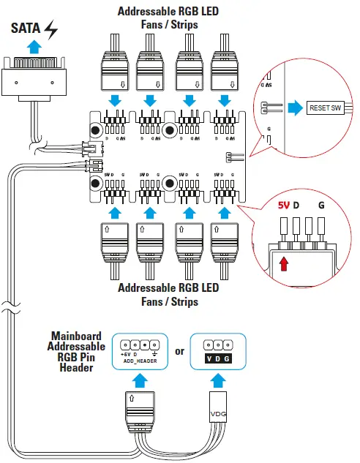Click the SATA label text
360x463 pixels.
24,29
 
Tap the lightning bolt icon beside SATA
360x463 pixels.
50,29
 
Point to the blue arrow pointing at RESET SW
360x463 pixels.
293,108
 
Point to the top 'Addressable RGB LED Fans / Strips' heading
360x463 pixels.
168,18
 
